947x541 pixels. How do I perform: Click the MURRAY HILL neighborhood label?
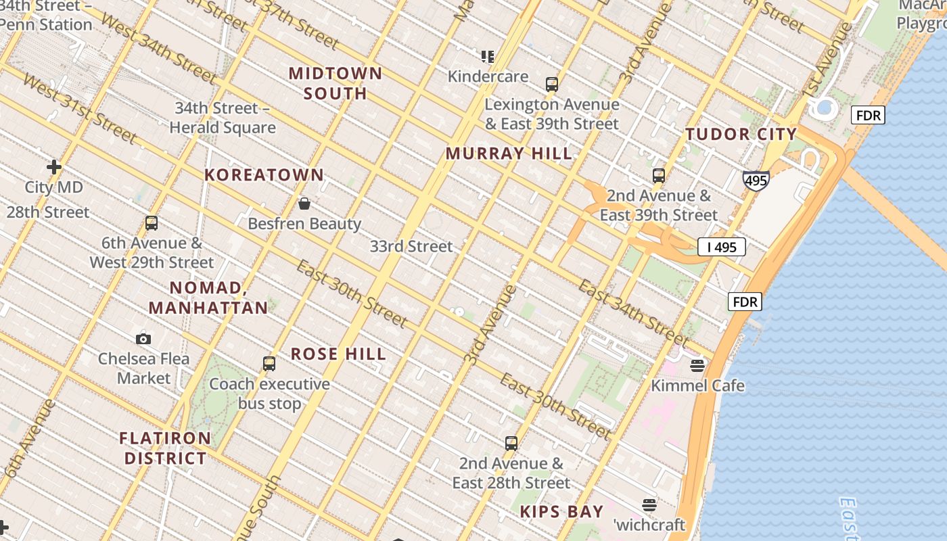point(509,154)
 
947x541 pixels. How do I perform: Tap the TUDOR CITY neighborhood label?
point(741,134)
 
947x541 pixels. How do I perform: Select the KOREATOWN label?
point(264,175)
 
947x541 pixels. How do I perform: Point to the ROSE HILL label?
point(338,354)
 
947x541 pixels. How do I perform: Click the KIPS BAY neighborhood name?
point(561,512)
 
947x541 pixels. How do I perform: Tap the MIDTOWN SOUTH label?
point(336,83)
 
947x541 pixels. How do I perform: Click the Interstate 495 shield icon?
point(756,181)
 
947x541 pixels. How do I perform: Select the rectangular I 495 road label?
point(721,248)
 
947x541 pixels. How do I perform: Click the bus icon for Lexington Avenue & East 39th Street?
point(552,85)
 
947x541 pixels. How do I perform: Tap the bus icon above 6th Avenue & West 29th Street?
point(152,223)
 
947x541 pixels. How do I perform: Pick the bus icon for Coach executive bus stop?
point(269,364)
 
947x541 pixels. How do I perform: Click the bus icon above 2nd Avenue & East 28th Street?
point(511,444)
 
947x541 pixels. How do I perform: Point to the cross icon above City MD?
point(54,166)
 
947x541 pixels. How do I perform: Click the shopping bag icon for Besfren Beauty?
point(304,204)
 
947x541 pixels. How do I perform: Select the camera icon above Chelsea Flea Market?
point(143,339)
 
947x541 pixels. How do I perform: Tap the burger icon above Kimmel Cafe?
point(697,366)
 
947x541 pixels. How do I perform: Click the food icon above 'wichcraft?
point(649,505)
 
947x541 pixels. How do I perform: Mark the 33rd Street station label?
point(411,246)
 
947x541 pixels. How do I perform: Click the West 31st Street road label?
point(80,108)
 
